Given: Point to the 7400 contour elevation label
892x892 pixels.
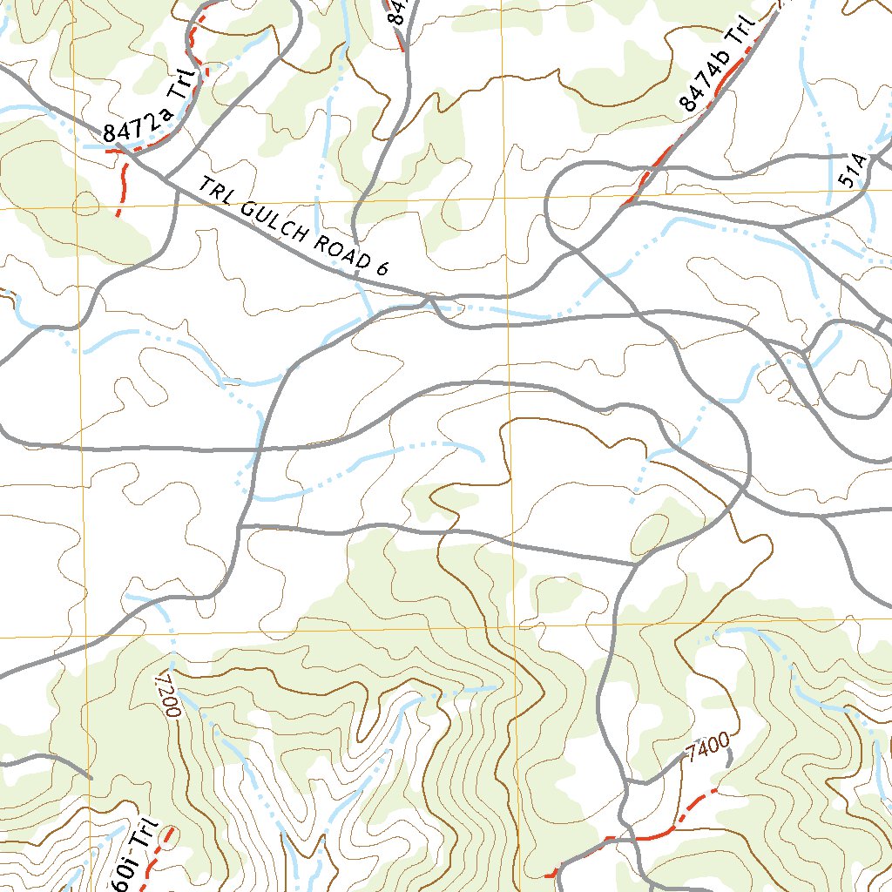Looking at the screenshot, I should (706, 747).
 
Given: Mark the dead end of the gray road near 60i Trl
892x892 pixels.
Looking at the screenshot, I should (89, 777).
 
